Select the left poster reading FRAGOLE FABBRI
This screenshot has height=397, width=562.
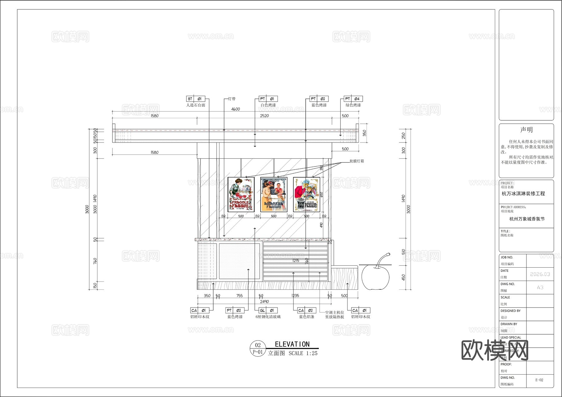[241, 195]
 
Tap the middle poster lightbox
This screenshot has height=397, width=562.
[274, 195]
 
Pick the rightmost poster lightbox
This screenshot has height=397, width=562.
[307, 195]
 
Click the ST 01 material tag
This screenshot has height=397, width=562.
[196, 99]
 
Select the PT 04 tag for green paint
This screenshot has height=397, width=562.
[353, 99]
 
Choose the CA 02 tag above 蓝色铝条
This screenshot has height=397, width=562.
[305, 310]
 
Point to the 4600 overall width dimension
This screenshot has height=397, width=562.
[235, 109]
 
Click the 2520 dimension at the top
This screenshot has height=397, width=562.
[264, 116]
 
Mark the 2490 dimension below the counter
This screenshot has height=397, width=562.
[264, 302]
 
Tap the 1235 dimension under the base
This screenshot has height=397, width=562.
[295, 296]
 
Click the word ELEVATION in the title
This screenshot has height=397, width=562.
[292, 344]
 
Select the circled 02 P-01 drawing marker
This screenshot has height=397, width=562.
[258, 349]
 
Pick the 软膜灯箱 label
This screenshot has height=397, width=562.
[357, 161]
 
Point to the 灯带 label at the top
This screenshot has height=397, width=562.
[232, 99]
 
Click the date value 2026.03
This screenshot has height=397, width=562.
[540, 274]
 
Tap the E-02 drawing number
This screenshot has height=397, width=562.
[539, 380]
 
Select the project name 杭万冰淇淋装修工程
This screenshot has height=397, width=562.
[523, 194]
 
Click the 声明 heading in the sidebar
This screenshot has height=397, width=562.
[526, 130]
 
